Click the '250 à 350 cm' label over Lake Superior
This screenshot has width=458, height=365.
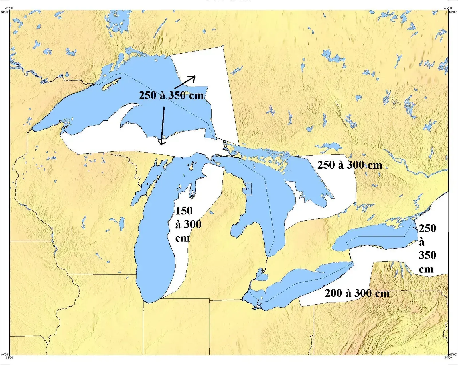pos(171,95)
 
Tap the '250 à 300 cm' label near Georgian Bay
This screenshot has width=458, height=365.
pos(350,165)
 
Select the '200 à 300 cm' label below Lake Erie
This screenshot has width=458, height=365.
pos(357,293)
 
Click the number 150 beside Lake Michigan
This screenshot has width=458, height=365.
pos(184,211)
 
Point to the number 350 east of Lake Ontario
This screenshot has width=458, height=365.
pos(427,255)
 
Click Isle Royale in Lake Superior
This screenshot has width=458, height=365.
pos(111,84)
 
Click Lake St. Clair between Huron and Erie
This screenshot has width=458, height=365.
pos(261,277)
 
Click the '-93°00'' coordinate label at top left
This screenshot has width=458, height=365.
pos(9,8)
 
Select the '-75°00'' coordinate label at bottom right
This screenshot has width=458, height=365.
pos(448,358)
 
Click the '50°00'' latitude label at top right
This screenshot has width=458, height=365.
pos(453,12)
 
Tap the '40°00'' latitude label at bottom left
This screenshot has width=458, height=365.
pos(5,355)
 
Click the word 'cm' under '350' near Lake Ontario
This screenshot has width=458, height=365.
pos(426,269)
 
